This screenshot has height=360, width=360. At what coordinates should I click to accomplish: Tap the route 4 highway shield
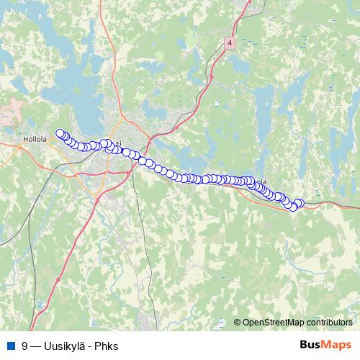pos(229,44)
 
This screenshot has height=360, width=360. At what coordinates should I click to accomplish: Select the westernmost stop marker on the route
pos(60,133)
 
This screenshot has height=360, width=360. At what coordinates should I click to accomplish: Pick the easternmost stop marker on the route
pos(300,203)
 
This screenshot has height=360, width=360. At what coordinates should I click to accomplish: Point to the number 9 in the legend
pos(24,346)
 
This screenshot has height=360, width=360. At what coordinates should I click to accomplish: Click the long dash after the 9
pos(35,346)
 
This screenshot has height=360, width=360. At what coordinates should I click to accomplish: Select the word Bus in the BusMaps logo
pos(311,345)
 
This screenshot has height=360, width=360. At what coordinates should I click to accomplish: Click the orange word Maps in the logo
pos(338,345)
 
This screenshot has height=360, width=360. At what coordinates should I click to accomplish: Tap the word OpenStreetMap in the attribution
pos(273,323)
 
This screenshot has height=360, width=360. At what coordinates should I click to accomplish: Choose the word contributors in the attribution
pos(328,323)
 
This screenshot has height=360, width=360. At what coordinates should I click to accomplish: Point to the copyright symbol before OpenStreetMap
pos(238,323)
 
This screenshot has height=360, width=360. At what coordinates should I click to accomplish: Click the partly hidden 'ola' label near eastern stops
pos(262,182)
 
